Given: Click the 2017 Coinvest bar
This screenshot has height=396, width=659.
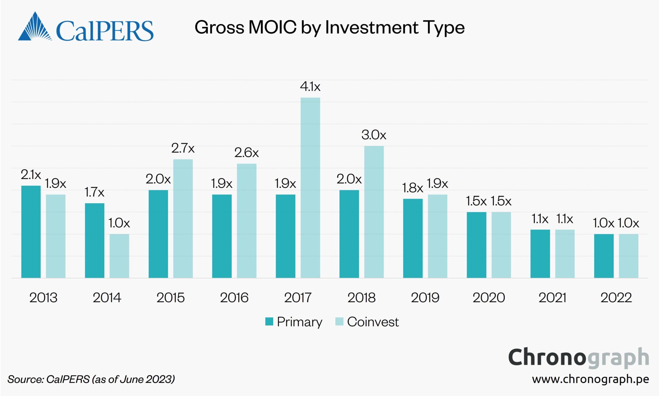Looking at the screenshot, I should pyautogui.click(x=310, y=188).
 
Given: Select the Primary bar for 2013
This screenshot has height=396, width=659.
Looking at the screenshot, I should pyautogui.click(x=31, y=232).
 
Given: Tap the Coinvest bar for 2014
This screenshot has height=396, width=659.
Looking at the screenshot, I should pyautogui.click(x=119, y=256).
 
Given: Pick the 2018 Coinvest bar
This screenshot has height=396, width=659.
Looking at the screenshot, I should pyautogui.click(x=374, y=212).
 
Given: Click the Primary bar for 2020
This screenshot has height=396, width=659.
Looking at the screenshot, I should pyautogui.click(x=476, y=245).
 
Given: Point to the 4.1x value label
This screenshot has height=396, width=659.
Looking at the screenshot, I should pyautogui.click(x=310, y=86).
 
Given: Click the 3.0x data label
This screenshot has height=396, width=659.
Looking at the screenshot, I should pyautogui.click(x=374, y=135).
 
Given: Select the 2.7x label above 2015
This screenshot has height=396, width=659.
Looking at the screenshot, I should pyautogui.click(x=183, y=148).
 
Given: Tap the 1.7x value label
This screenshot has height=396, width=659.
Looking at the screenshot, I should pyautogui.click(x=94, y=192).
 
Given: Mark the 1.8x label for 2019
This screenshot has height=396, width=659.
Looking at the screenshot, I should pyautogui.click(x=412, y=188).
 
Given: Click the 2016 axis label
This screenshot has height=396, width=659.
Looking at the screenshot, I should pyautogui.click(x=234, y=298).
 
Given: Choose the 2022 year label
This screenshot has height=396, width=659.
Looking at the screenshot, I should pyautogui.click(x=616, y=298).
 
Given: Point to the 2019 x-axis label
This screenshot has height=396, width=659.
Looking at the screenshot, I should pyautogui.click(x=425, y=298).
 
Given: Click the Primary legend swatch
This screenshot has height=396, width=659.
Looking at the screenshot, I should pyautogui.click(x=269, y=322).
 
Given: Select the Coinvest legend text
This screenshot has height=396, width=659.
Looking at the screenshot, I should pyautogui.click(x=373, y=322).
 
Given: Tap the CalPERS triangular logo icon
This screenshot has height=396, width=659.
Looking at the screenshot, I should pyautogui.click(x=35, y=27).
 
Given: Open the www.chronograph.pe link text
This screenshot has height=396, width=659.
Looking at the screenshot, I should pyautogui.click(x=590, y=379).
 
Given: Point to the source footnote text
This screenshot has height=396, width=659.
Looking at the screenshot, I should pyautogui.click(x=91, y=379).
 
